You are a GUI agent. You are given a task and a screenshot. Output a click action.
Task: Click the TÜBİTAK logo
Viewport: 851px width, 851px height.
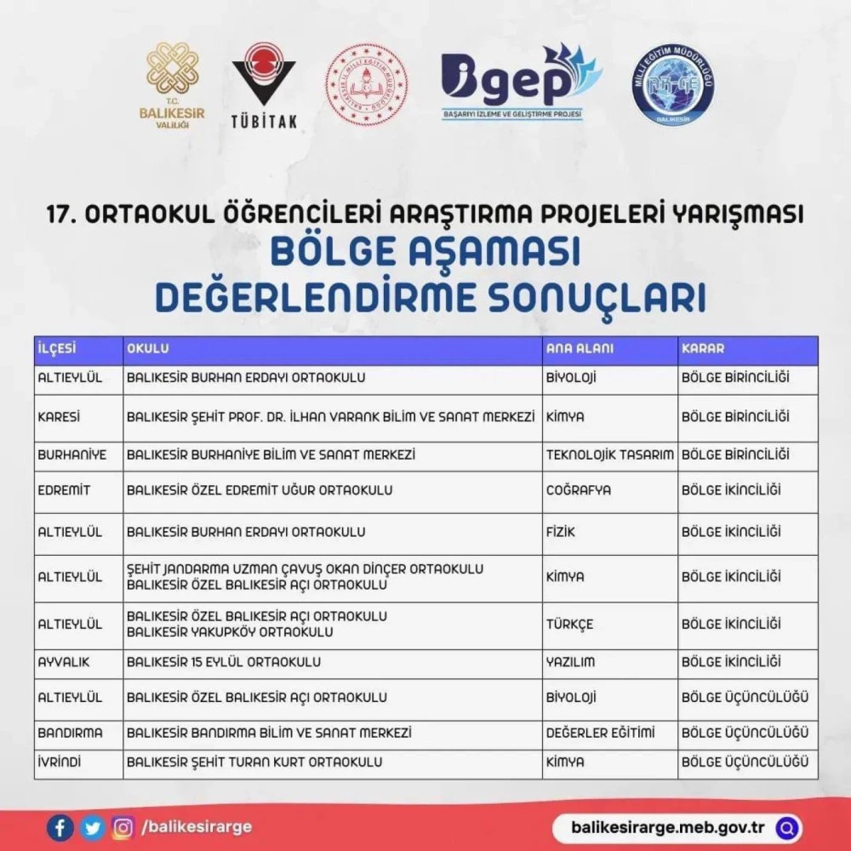pyautogui.click(x=264, y=85)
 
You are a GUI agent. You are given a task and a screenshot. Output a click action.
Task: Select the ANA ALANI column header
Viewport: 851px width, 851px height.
pyautogui.click(x=580, y=349)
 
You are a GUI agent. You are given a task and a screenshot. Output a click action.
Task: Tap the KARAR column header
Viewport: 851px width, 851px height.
pyautogui.click(x=703, y=349)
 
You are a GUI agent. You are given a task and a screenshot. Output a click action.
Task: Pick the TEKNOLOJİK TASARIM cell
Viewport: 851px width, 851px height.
pyautogui.click(x=610, y=455)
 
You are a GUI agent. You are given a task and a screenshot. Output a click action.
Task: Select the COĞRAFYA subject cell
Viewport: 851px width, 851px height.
pyautogui.click(x=579, y=490)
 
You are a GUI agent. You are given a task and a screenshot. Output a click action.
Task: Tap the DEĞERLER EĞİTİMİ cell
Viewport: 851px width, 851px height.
pyautogui.click(x=600, y=733)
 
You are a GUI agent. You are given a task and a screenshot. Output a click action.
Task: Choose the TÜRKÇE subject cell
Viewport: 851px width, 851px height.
pyautogui.click(x=569, y=624)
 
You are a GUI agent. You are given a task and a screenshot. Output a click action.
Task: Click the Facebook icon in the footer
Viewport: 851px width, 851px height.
pyautogui.click(x=60, y=826)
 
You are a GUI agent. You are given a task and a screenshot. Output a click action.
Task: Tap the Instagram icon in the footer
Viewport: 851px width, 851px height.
pyautogui.click(x=124, y=826)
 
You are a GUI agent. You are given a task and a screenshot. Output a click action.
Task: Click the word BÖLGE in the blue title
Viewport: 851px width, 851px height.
pyautogui.click(x=333, y=254)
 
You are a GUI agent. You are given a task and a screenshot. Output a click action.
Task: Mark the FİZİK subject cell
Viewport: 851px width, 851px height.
pyautogui.click(x=561, y=532)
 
